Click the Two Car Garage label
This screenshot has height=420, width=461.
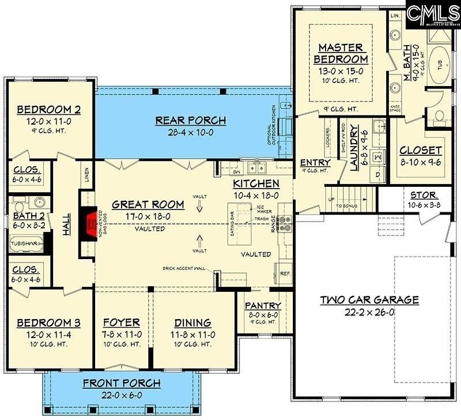pos(370,300)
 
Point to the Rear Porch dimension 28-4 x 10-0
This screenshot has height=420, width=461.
pos(191,132)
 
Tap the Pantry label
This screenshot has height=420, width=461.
pos(263,306)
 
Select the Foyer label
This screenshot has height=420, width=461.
pos(122,322)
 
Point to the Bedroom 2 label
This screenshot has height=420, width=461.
pos(48,110)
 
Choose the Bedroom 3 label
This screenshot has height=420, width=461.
pos(48,322)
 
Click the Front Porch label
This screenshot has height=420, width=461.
pos(122,384)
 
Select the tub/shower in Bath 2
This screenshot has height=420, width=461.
pos(25,243)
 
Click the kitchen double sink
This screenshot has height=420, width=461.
pos(256,168)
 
